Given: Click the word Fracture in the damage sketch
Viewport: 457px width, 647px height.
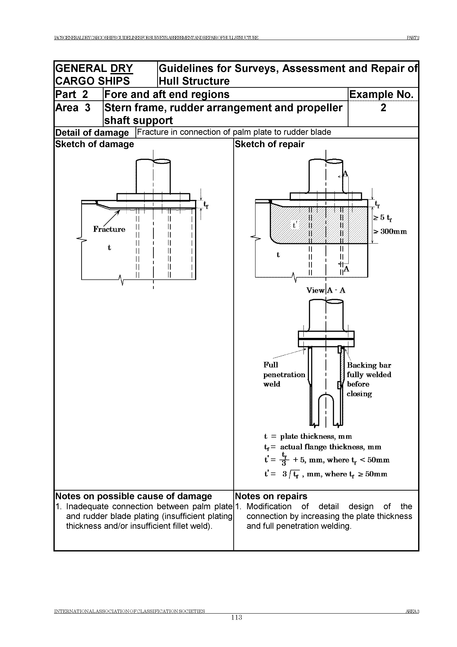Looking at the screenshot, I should click(x=109, y=229).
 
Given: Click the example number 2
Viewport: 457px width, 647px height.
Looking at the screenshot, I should click(x=383, y=108).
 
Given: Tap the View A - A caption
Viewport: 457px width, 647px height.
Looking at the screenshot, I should click(x=326, y=290).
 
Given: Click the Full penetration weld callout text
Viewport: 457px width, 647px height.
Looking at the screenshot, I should click(x=284, y=375).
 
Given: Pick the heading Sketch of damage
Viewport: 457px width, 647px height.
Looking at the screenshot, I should click(x=95, y=144).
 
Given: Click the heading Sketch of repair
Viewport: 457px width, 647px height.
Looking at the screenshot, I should click(x=269, y=144).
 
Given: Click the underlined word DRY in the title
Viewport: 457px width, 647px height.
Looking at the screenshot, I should click(x=122, y=68).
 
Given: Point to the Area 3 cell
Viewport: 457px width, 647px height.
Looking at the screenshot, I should click(x=73, y=108).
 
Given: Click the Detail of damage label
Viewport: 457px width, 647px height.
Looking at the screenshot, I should click(x=92, y=132).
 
